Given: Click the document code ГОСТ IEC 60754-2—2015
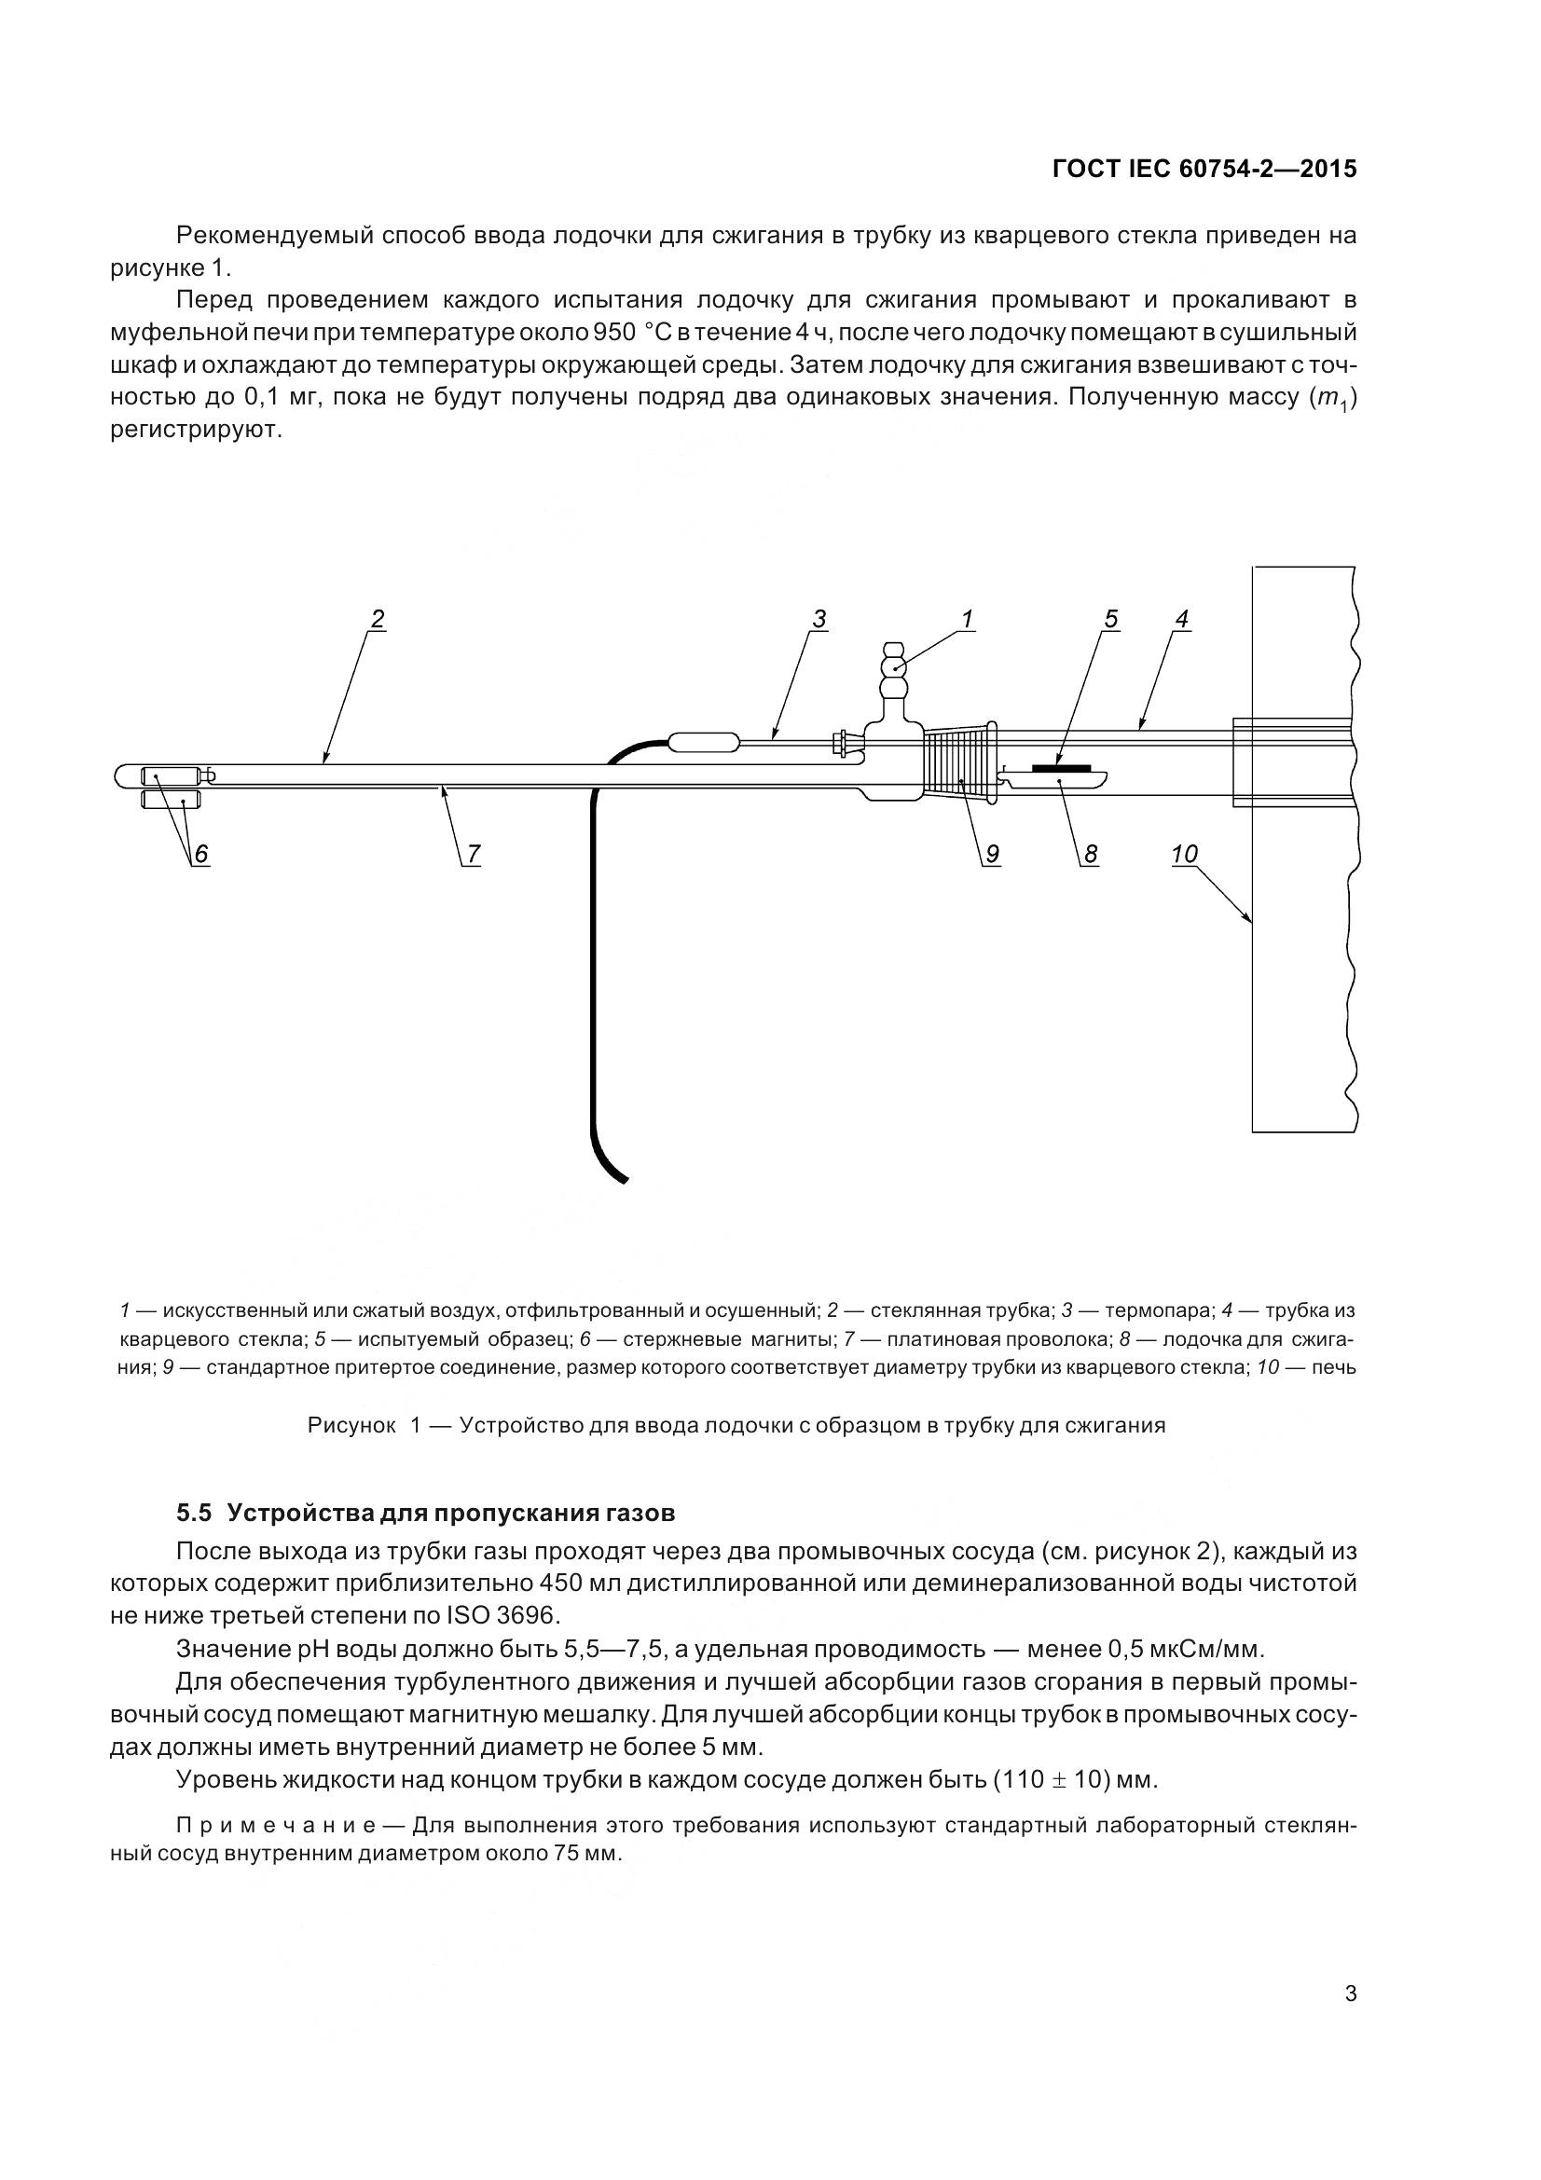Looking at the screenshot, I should (x=1204, y=169).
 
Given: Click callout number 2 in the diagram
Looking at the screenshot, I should (x=377, y=619).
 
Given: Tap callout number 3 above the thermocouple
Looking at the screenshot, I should (x=819, y=619).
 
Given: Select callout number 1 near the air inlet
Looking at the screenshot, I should (x=967, y=619).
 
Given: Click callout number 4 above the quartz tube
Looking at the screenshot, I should (x=1181, y=619).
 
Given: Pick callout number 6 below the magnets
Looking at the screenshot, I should (x=201, y=855).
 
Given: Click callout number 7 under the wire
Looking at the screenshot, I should (x=473, y=855).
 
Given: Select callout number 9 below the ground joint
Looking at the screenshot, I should (x=991, y=855).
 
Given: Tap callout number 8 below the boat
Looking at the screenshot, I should (x=1091, y=855).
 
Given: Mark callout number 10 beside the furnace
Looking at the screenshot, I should (x=1184, y=855).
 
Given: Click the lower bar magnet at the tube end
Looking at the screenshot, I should (x=172, y=801).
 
